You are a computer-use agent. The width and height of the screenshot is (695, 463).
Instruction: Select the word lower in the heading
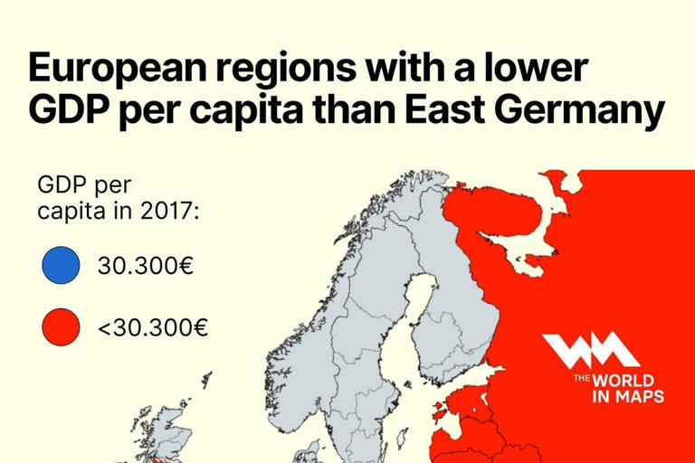(539, 69)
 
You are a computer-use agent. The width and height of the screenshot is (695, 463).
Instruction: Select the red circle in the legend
(61, 326)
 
